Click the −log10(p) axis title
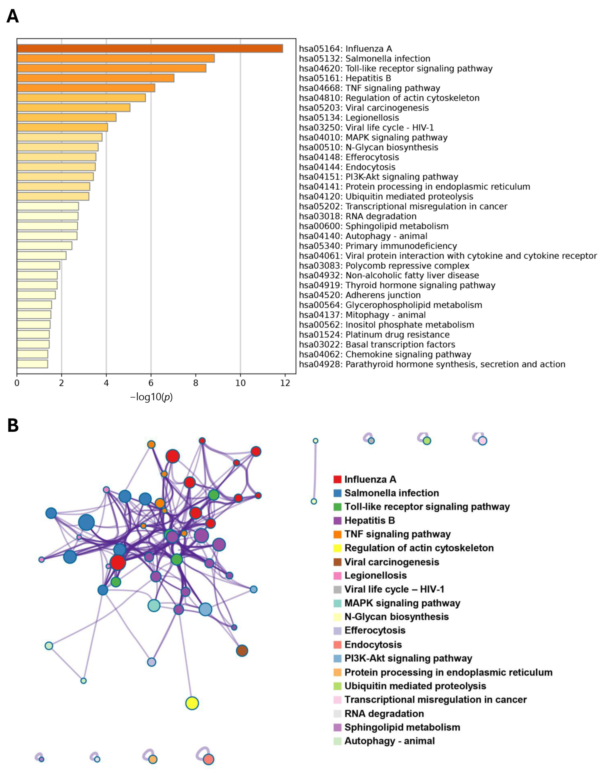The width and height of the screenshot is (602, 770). click(x=151, y=397)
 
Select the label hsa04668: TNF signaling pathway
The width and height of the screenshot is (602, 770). click(x=369, y=88)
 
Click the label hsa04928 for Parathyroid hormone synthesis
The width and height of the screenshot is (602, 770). click(x=432, y=364)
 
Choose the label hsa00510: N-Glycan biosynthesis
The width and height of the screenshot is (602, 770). click(x=368, y=147)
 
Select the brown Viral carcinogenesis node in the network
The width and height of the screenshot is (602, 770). click(x=242, y=650)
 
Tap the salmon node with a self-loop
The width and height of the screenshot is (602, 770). click(x=209, y=759)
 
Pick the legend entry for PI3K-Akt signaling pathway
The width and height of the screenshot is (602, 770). click(x=408, y=658)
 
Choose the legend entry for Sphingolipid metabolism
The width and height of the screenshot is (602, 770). click(x=402, y=727)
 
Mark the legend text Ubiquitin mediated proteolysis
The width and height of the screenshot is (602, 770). click(x=415, y=686)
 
